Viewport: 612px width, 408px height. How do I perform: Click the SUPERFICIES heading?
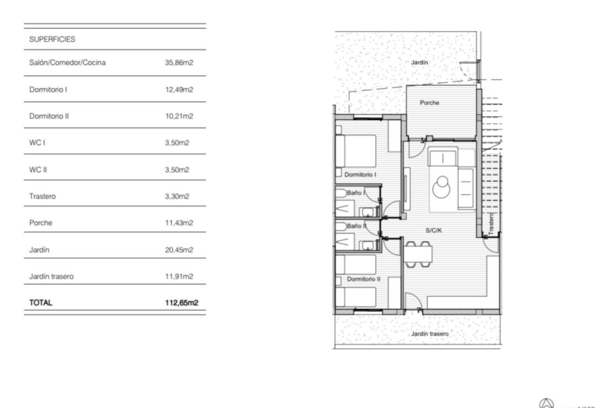coord(52,39)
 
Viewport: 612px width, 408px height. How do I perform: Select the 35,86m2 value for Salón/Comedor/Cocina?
coord(179,62)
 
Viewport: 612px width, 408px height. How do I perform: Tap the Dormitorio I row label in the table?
coord(48,90)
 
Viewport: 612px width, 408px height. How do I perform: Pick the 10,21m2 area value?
coord(179,116)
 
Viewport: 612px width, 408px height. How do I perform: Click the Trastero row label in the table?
coord(42,196)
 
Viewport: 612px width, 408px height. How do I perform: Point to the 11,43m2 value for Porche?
coord(179,222)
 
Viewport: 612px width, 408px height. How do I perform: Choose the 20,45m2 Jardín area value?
coord(179,250)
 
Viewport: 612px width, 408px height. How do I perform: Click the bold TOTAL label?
coord(41,302)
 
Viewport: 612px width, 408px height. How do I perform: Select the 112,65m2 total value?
coord(181,302)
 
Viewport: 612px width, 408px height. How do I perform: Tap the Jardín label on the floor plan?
coord(419,62)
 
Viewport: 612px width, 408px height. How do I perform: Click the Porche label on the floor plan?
coord(429,103)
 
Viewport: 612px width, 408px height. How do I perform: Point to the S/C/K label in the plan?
coord(433,230)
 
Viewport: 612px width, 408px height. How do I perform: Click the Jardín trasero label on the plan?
coord(430,334)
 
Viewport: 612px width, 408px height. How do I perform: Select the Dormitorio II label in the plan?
coord(363,279)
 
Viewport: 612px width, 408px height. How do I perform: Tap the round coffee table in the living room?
coord(441,188)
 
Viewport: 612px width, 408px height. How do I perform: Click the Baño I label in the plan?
coord(356,193)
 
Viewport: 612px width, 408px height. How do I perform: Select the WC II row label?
coord(38,170)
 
